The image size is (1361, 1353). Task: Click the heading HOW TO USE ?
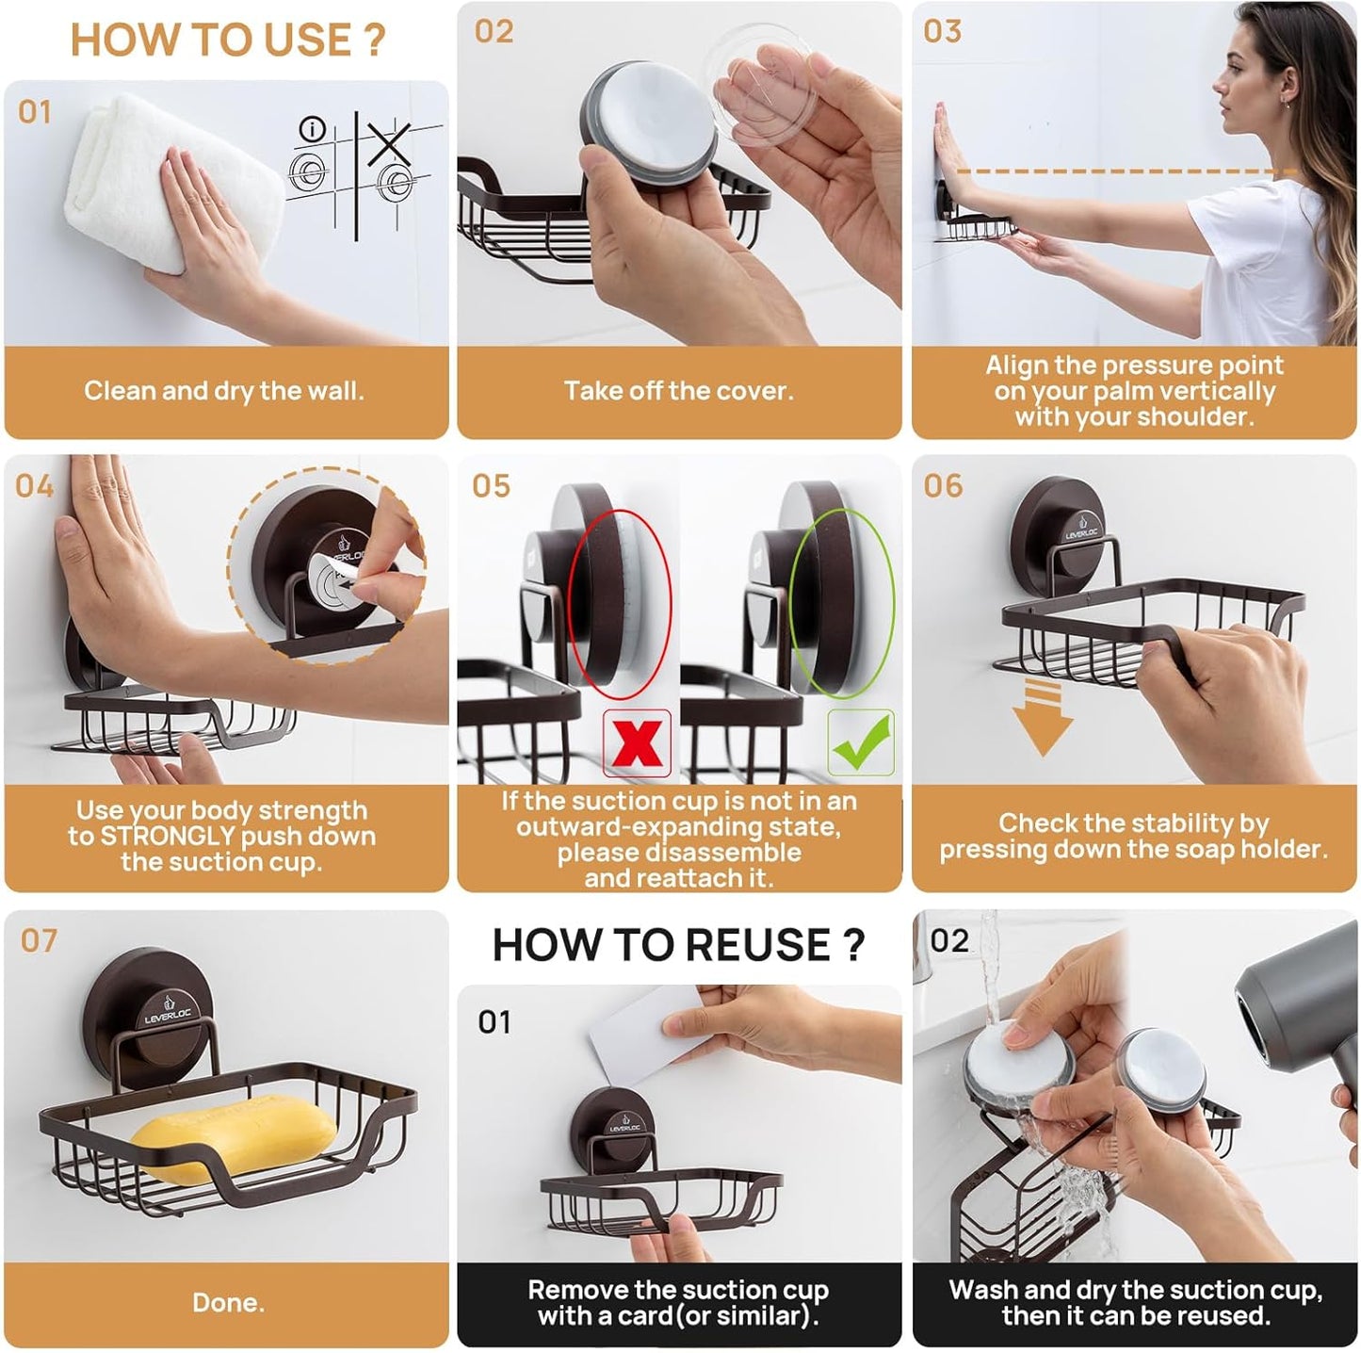click(228, 40)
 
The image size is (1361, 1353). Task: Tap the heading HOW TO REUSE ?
click(678, 945)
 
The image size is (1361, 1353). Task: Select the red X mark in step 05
click(638, 742)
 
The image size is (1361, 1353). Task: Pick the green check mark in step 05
click(860, 742)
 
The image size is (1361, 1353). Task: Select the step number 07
click(39, 940)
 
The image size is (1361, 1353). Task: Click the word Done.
click(228, 1302)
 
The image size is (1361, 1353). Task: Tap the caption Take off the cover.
click(678, 391)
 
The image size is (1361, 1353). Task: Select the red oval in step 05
click(621, 603)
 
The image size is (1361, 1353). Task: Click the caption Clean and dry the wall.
click(224, 391)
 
